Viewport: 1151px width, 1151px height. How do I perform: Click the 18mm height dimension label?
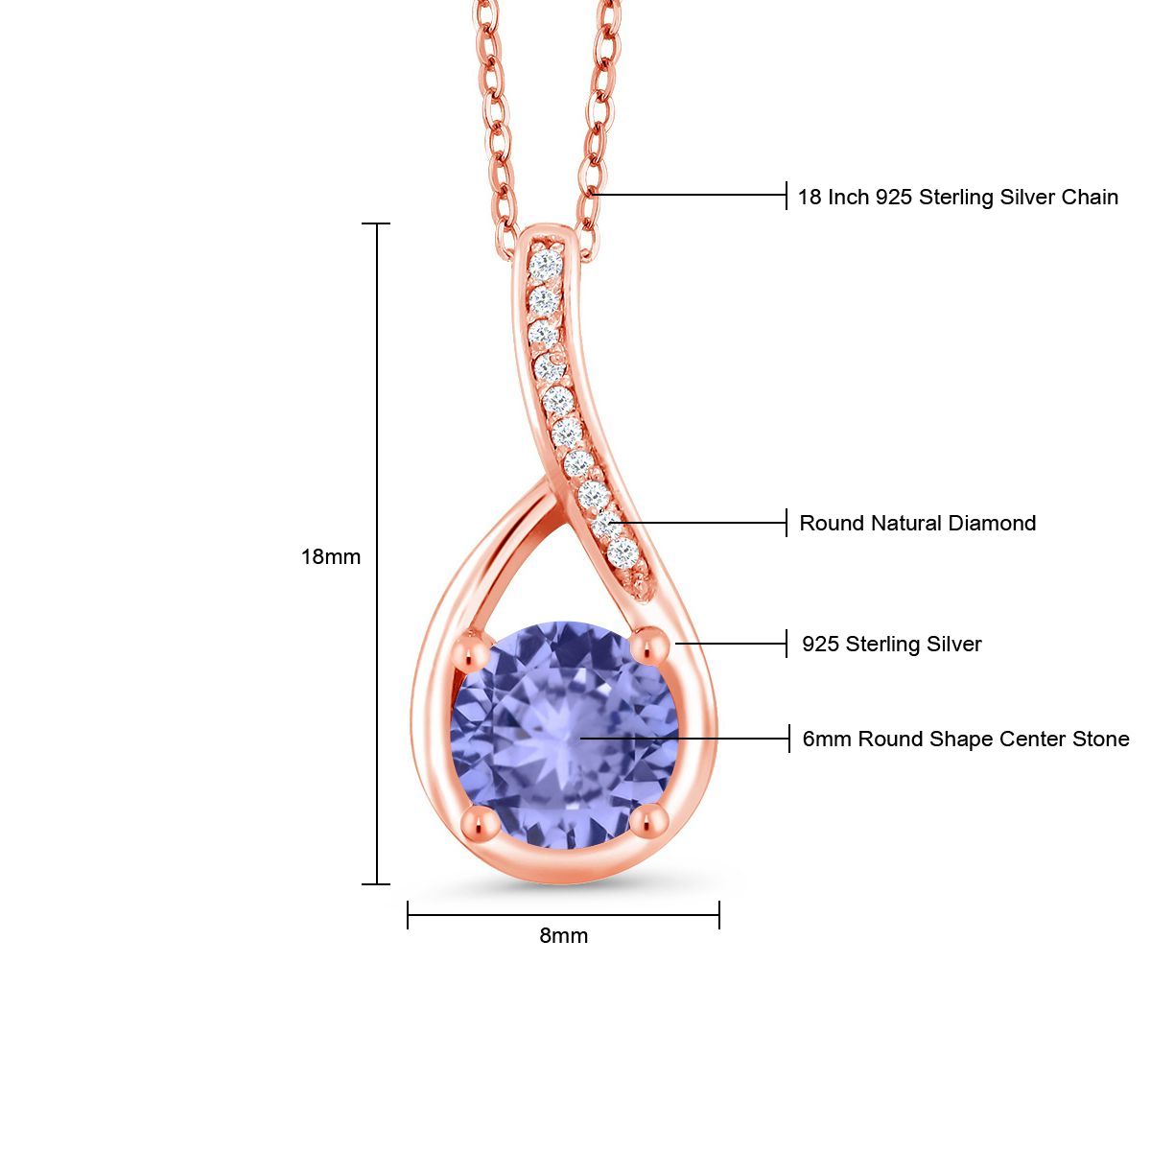pyautogui.click(x=331, y=556)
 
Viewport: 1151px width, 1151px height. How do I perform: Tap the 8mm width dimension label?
pyautogui.click(x=563, y=935)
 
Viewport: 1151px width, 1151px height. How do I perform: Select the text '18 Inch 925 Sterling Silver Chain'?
pyautogui.click(x=957, y=198)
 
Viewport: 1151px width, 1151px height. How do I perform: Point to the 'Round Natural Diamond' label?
pyautogui.click(x=917, y=524)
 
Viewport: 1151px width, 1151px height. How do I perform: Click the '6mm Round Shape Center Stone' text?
pyautogui.click(x=965, y=740)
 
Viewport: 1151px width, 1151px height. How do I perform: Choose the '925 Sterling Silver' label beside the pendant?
pyautogui.click(x=891, y=645)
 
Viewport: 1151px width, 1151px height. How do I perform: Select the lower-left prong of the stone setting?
pyautogui.click(x=477, y=821)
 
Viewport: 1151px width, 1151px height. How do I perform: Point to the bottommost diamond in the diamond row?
pyautogui.click(x=623, y=552)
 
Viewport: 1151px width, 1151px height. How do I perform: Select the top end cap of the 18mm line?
pyautogui.click(x=376, y=223)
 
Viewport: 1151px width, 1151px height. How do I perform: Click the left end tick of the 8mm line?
pyautogui.click(x=409, y=915)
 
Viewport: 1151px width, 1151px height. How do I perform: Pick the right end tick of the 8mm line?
pyautogui.click(x=719, y=915)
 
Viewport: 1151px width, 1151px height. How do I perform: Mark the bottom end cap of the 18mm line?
pyautogui.click(x=376, y=883)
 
